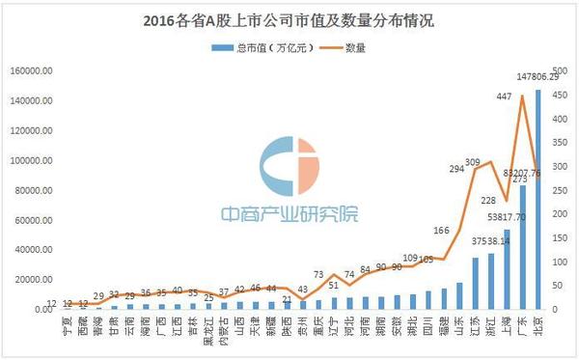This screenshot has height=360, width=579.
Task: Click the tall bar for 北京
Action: click(x=538, y=203)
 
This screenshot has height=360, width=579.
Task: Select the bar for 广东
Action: click(x=522, y=246)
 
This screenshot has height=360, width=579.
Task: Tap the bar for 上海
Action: click(x=507, y=270)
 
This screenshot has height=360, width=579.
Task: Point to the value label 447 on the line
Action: click(x=504, y=96)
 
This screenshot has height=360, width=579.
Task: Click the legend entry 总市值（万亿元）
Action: click(x=243, y=44)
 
